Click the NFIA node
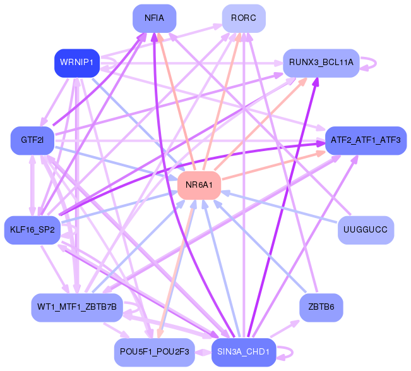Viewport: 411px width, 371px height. tap(155, 18)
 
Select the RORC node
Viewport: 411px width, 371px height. tap(244, 18)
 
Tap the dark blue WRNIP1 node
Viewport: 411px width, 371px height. tap(77, 63)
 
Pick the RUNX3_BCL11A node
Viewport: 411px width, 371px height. tap(321, 63)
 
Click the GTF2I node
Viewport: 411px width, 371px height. tap(32, 141)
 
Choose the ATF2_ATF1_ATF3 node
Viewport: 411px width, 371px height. tap(366, 141)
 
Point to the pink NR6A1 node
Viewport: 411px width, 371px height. tap(200, 185)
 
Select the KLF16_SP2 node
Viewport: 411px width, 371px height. tap(32, 230)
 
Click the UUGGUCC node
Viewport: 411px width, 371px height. tap(366, 230)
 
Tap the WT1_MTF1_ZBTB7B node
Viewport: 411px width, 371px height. tap(77, 308)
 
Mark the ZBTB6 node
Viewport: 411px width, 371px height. tap(321, 308)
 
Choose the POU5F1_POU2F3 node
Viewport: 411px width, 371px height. tap(155, 353)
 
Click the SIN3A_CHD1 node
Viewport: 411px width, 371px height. tap(244, 353)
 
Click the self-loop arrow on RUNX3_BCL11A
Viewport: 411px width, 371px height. tap(376, 63)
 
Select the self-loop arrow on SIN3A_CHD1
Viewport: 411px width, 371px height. tap(292, 353)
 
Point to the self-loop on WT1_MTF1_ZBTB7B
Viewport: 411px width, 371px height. tap(139, 308)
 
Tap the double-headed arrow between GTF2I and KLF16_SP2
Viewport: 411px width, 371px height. tap(32, 186)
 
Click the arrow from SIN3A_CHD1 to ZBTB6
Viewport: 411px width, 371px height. tap(285, 329)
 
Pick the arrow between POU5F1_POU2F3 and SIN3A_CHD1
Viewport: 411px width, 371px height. tap(203, 353)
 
